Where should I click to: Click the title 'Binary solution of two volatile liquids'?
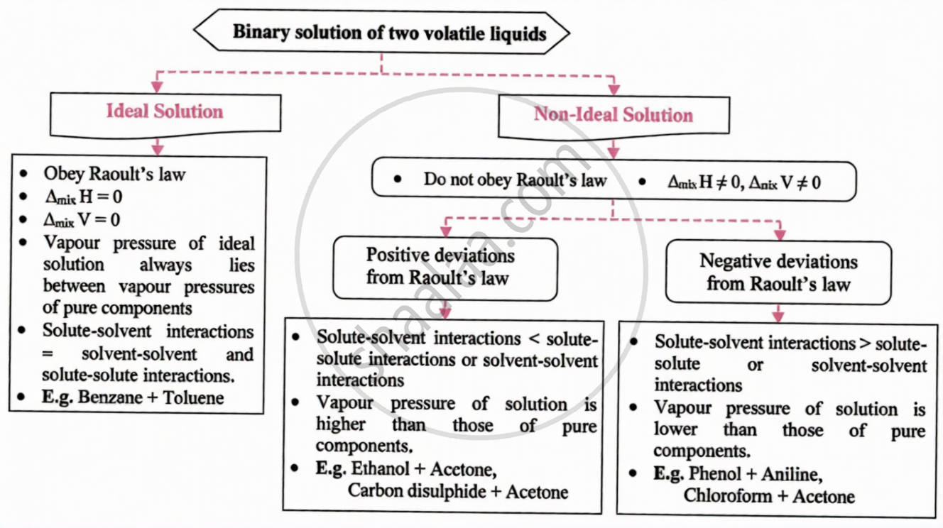(389, 33)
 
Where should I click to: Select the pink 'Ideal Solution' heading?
(165, 111)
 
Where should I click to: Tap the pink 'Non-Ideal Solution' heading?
(614, 115)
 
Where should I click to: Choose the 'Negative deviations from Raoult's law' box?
(778, 273)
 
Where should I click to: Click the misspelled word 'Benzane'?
(110, 397)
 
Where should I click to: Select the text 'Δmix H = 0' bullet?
(82, 197)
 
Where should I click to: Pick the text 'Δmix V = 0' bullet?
(82, 219)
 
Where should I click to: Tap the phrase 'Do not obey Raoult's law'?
(515, 180)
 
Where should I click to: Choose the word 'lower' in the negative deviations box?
(675, 430)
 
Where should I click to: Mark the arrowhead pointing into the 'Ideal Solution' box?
(158, 87)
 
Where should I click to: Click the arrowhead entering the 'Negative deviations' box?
(780, 234)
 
